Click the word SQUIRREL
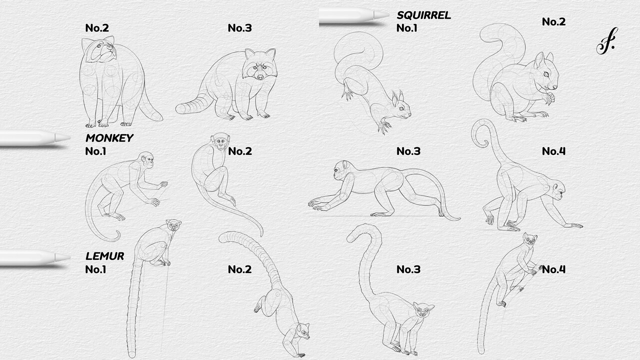[x=423, y=15]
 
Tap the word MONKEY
[x=109, y=138]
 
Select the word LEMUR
[x=104, y=256]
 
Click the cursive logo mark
[x=606, y=41]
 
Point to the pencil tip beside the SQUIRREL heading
[x=382, y=15]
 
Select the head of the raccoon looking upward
[x=99, y=50]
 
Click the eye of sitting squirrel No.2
[x=546, y=74]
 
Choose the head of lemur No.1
[x=173, y=226]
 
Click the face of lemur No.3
[x=423, y=310]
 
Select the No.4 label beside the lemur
[x=553, y=269]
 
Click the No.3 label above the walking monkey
[x=408, y=151]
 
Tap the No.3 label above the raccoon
[x=239, y=28]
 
